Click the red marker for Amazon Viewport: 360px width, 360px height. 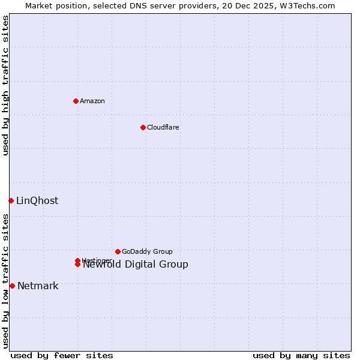(76, 101)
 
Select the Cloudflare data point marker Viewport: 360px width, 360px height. (143, 127)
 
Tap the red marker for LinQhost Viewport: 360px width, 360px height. (11, 200)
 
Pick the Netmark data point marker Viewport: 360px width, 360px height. (12, 286)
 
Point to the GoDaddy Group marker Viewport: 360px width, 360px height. (118, 251)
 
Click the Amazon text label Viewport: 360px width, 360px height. (92, 101)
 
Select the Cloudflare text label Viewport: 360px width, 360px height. (163, 127)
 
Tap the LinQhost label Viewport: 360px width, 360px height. (37, 200)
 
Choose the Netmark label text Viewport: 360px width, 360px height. (38, 286)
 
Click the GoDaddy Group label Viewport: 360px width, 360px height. (147, 251)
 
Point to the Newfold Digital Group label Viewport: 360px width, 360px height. (136, 265)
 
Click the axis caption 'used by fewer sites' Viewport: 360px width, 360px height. (62, 355)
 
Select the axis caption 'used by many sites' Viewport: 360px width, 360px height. (301, 355)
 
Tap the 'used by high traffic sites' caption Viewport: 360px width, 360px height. (5, 85)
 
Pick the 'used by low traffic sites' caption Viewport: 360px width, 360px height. (5, 281)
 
